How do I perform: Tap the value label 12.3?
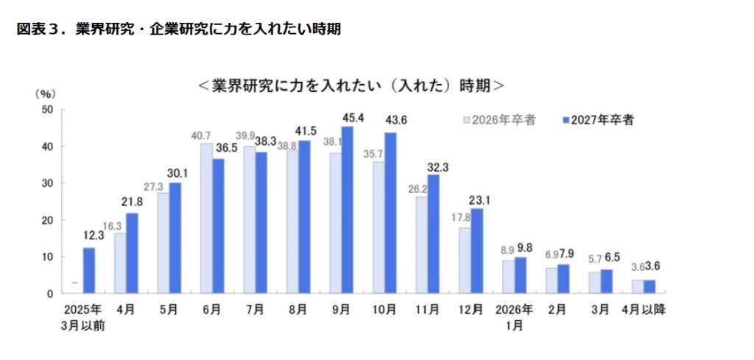[x=89, y=238]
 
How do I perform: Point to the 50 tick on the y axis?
[x=49, y=109]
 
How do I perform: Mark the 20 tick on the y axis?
[x=49, y=220]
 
